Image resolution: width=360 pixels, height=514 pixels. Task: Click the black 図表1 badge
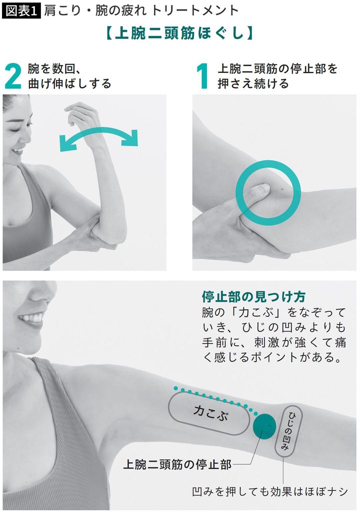point(21,10)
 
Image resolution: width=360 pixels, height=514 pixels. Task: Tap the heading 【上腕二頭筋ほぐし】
point(180,33)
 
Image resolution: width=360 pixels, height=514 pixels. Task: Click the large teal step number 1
point(202,76)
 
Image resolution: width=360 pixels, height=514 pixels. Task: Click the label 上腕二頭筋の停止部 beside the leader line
point(177,464)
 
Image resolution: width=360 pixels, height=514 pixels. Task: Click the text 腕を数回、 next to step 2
point(56,69)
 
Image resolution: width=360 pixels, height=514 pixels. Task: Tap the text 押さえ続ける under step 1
point(253,83)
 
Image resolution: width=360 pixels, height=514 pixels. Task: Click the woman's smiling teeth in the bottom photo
point(32,318)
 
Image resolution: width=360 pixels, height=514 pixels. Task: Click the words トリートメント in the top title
point(195,10)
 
